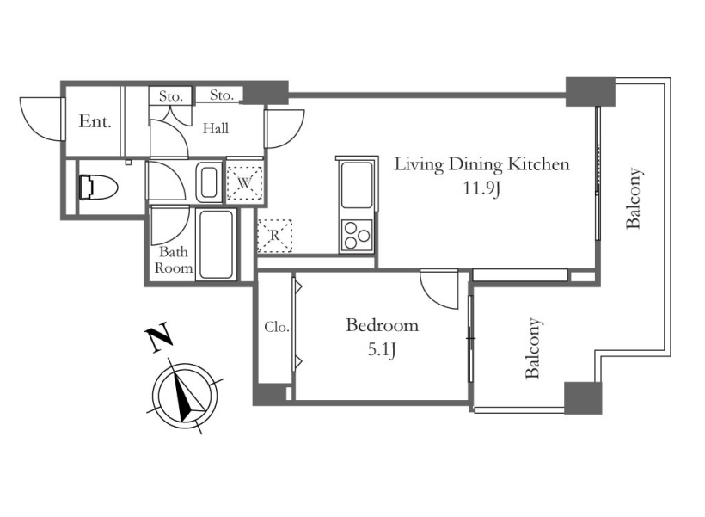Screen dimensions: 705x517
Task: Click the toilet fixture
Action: pos(97,187)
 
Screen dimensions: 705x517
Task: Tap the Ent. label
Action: pos(95,121)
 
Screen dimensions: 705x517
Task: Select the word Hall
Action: pos(215,129)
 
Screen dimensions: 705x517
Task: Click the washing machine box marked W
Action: pos(244,182)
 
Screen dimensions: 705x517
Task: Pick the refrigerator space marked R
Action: pos(274,236)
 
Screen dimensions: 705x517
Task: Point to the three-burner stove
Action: pos(358,236)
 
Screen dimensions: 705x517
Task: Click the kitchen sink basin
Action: pos(358,184)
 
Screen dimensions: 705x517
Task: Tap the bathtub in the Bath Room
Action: pos(217,244)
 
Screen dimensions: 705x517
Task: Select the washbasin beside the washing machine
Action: pos(209,182)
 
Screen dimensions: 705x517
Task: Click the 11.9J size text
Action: pos(482,188)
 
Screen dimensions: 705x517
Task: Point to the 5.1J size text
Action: pos(382,349)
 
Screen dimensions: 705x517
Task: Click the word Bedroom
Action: pos(383,325)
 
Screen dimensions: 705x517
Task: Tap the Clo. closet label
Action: pos(277,327)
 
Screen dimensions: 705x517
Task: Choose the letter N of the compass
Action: pos(158,337)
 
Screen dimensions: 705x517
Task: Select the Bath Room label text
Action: pos(174,260)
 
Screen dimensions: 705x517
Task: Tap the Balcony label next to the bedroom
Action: pos(533,348)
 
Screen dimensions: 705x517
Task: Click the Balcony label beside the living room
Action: pos(634,199)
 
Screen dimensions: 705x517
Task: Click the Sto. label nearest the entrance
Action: pos(171,96)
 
